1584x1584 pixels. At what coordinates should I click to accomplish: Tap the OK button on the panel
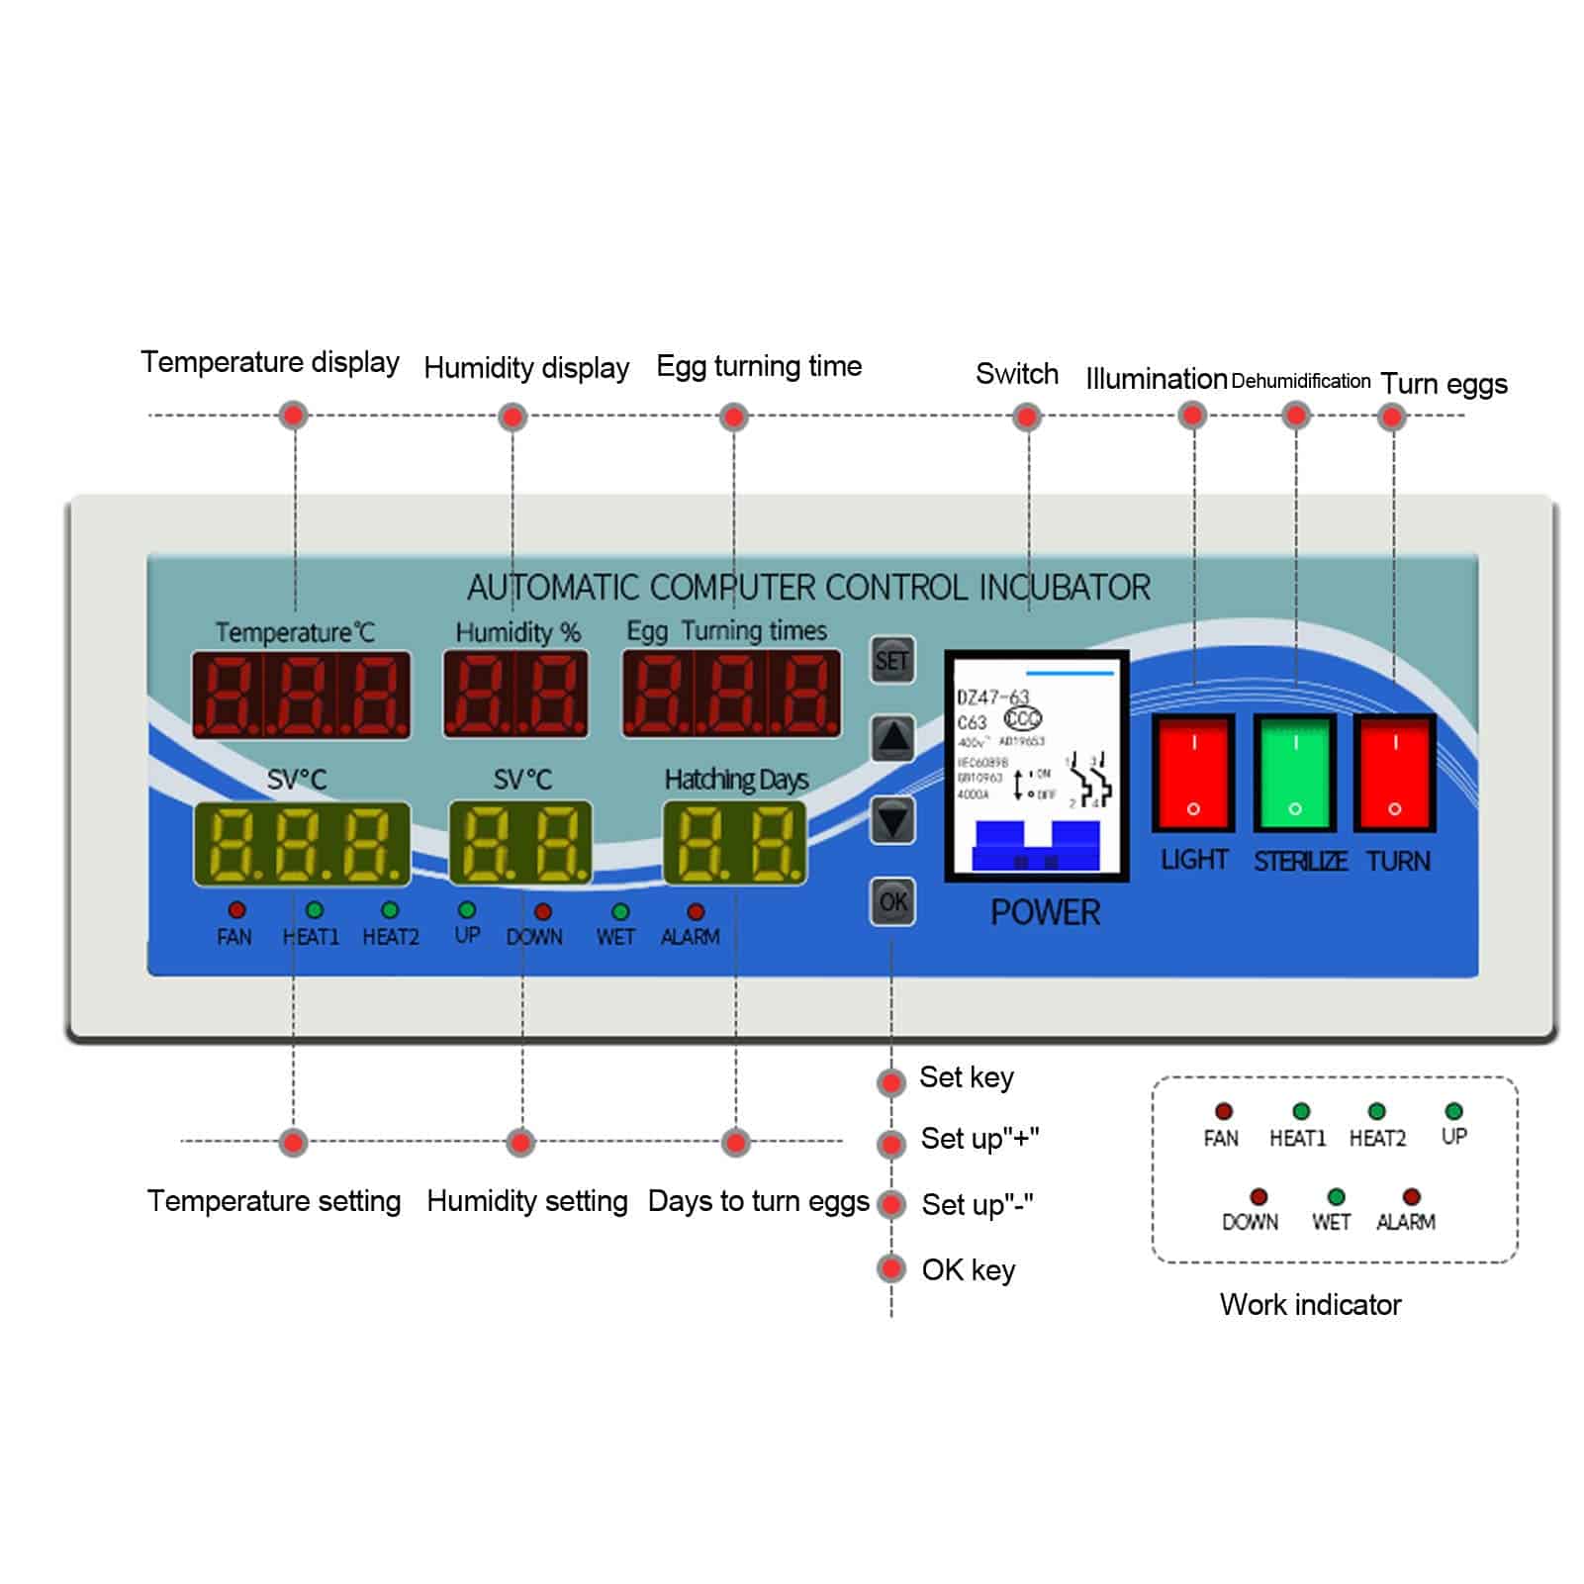point(892,901)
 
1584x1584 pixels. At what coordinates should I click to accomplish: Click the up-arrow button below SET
point(892,738)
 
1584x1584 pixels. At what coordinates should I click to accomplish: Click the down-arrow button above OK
point(892,820)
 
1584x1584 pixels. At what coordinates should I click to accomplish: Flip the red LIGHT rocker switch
point(1193,773)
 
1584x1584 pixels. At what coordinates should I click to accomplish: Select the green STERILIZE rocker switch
point(1295,773)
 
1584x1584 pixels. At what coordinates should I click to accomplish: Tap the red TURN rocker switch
point(1395,773)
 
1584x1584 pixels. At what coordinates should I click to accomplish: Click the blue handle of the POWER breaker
point(1037,846)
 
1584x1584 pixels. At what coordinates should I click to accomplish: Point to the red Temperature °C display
point(301,695)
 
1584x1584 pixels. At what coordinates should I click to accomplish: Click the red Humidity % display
point(515,695)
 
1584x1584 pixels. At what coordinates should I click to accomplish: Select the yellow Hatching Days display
point(735,843)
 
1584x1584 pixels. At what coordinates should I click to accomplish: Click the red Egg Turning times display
point(732,695)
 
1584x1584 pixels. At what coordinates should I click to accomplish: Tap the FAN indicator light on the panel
point(236,909)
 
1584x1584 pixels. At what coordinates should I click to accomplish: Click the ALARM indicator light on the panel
point(696,911)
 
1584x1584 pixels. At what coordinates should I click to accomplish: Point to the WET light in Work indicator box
point(1336,1197)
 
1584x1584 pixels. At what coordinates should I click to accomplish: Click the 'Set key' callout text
point(966,1077)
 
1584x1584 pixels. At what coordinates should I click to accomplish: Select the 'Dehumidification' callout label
point(1300,381)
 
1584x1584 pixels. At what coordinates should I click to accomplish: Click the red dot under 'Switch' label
point(1027,417)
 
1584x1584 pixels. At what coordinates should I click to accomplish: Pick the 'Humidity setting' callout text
point(526,1201)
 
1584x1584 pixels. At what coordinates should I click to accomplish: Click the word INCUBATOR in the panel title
point(1065,588)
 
